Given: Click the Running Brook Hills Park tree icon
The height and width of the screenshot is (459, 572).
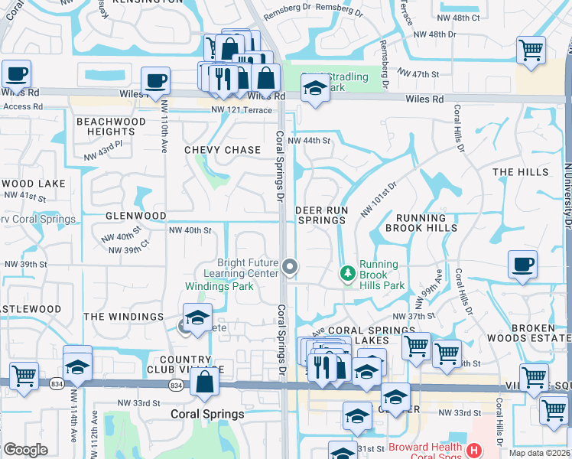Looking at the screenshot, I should (348, 272).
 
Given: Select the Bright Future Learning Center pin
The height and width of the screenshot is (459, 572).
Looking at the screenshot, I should (290, 266).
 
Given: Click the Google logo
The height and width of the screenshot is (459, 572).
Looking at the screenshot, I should (25, 450).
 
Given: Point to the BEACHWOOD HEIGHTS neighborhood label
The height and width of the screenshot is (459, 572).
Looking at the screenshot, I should (111, 127).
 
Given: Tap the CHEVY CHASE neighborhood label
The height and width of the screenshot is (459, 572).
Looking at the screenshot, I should (223, 150).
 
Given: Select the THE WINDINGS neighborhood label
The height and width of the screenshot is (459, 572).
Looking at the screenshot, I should (124, 317).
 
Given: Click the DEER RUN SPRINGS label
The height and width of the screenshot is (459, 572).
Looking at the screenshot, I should (321, 215).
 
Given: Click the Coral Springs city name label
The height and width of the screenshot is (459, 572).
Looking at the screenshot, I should (206, 415).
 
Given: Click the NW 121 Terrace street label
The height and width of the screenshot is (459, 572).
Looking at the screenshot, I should (241, 111).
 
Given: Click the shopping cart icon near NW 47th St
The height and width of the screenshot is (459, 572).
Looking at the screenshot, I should (531, 50).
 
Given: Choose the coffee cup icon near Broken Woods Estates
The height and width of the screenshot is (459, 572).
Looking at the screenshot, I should (522, 265).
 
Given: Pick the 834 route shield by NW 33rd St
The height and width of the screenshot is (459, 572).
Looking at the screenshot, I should (177, 386).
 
